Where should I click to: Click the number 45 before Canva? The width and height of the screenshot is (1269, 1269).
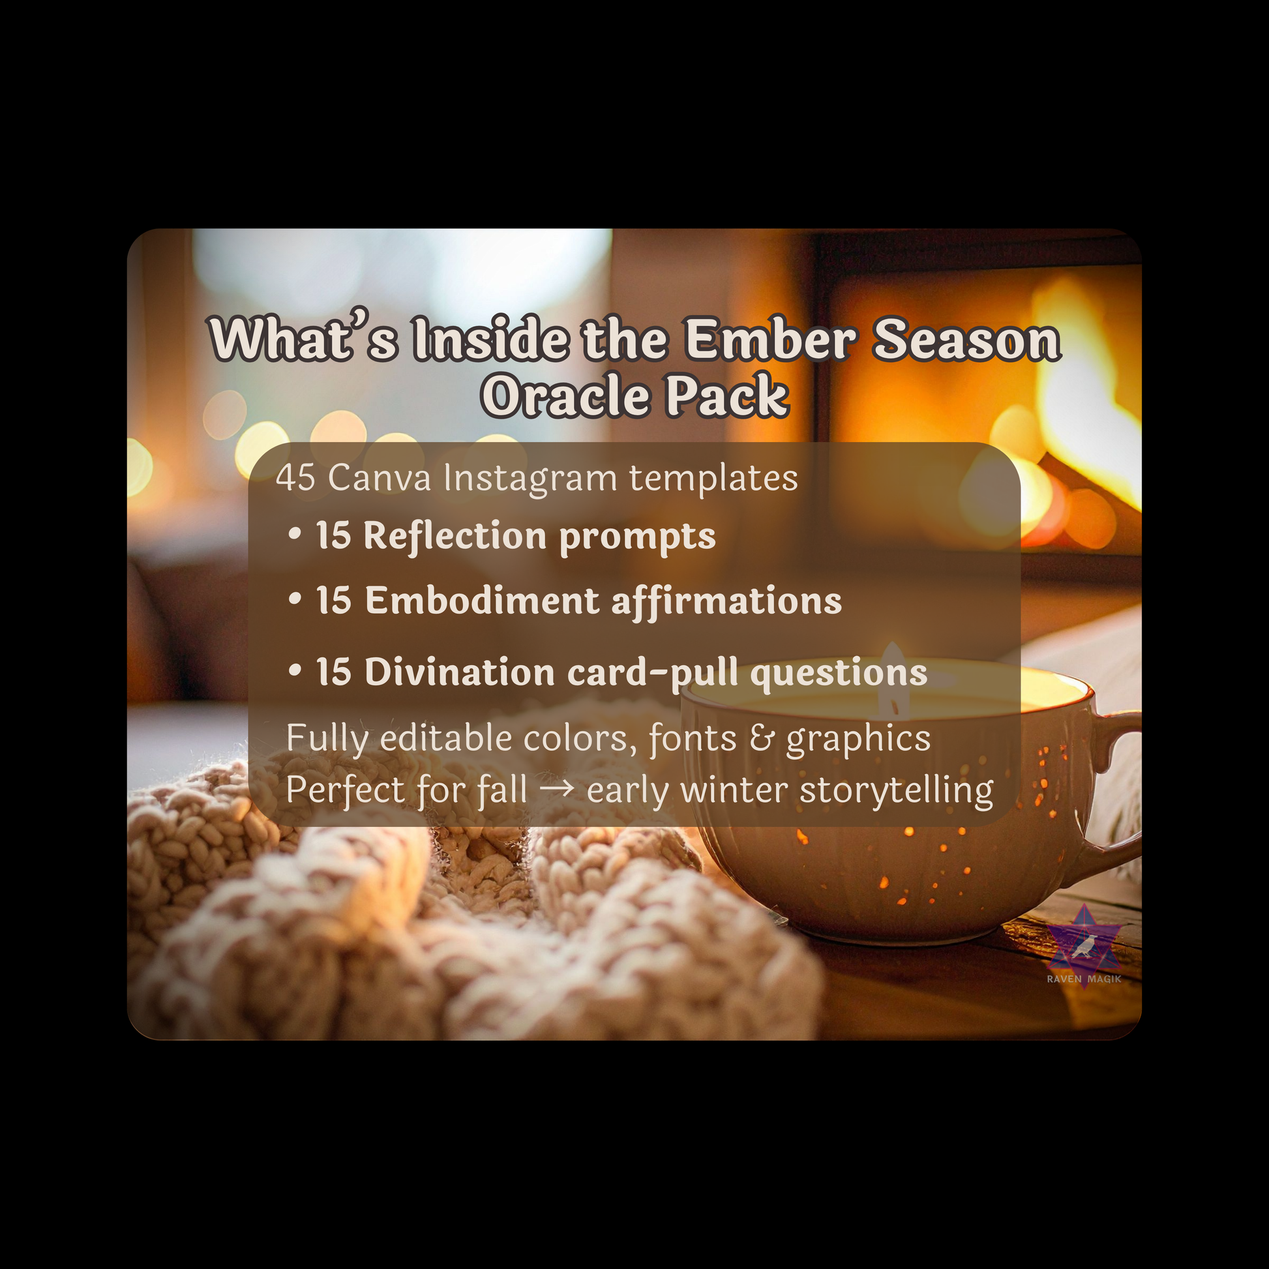(x=295, y=477)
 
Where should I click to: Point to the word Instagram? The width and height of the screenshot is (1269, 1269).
(x=530, y=479)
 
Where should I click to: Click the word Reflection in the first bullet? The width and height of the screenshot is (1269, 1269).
(x=455, y=535)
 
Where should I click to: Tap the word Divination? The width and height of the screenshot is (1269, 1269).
(x=460, y=672)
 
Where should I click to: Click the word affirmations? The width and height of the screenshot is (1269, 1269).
(x=726, y=601)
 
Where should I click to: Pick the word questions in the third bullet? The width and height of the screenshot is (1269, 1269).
(x=839, y=672)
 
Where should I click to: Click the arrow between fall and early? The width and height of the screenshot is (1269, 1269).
(x=557, y=789)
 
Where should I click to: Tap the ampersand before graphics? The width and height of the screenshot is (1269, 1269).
(x=761, y=738)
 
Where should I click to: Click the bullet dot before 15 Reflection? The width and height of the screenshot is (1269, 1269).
(x=295, y=535)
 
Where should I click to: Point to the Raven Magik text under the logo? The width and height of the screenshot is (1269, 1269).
(x=1084, y=979)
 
